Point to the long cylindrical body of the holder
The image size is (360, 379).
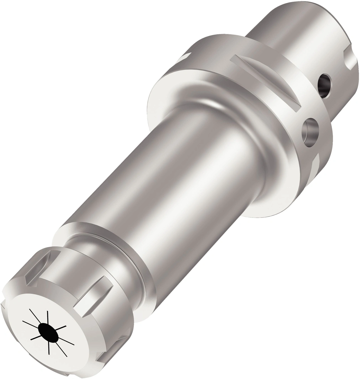pyautogui.click(x=191, y=180)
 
